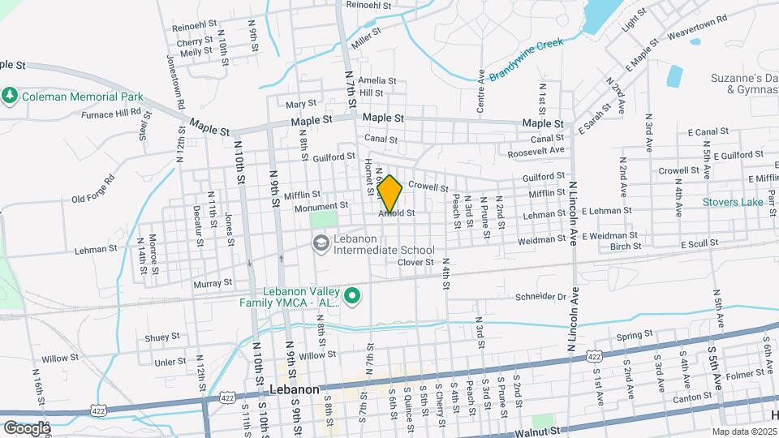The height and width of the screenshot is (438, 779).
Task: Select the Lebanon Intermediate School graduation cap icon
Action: click(x=321, y=243)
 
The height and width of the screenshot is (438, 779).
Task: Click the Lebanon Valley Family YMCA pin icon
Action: click(x=352, y=298)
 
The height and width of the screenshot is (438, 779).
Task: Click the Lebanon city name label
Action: click(x=294, y=389)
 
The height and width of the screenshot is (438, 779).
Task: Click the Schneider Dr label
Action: click(x=539, y=298)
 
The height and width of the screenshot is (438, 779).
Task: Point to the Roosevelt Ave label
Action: click(x=535, y=152)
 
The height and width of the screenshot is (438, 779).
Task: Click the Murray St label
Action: click(x=213, y=284)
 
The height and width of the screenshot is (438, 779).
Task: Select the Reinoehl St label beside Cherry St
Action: click(x=195, y=26)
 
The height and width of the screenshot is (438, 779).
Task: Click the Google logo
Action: click(x=27, y=427)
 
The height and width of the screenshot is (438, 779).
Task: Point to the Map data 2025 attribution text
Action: click(x=744, y=432)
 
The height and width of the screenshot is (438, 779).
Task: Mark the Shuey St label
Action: click(x=162, y=337)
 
